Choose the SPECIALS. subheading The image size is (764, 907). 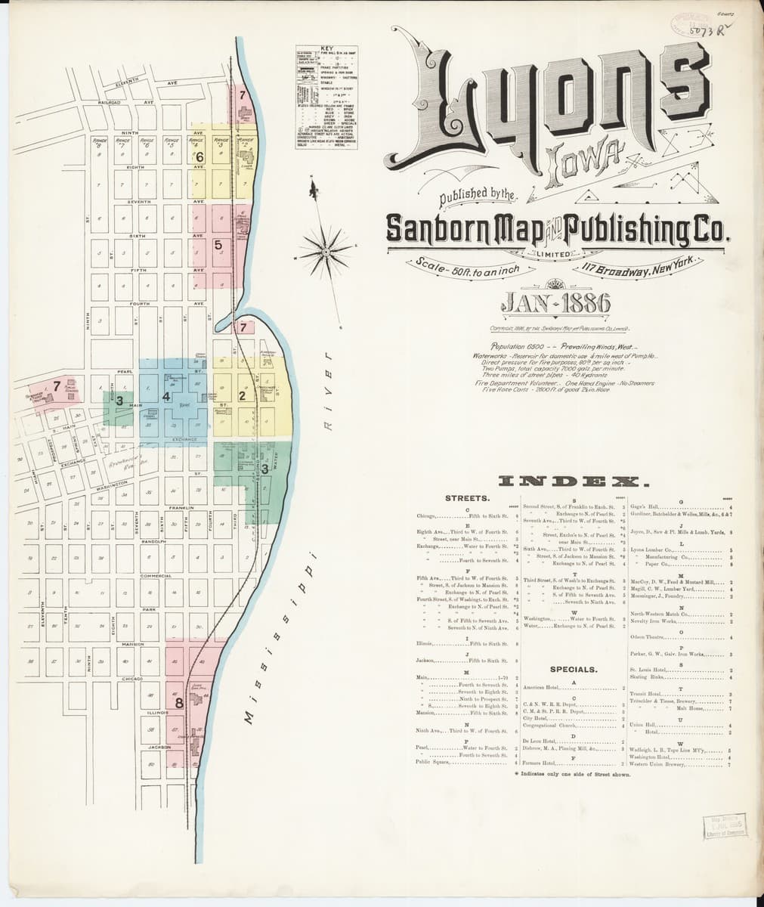574,670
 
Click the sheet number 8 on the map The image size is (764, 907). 179,703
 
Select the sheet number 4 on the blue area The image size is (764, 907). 165,395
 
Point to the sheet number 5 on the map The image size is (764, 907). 218,244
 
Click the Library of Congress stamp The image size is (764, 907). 723,827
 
